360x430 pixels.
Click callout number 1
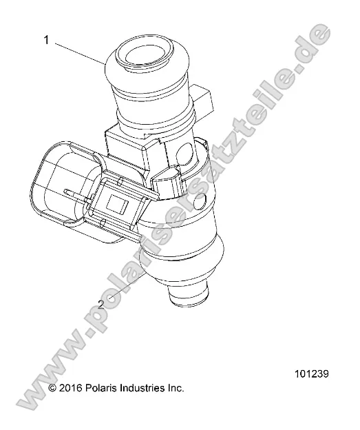point(47,40)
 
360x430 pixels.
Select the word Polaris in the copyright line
point(109,388)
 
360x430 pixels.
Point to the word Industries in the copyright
point(147,388)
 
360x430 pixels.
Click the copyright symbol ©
point(53,389)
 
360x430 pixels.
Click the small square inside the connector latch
point(114,203)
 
